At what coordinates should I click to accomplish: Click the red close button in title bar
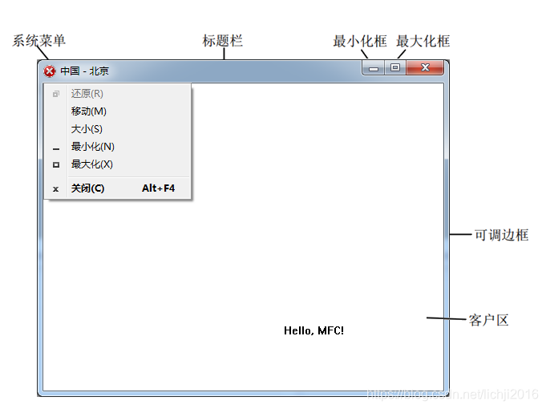[425, 68]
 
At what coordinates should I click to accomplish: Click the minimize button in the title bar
[374, 69]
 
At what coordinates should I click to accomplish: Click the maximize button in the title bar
[395, 68]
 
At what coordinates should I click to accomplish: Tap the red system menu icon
[50, 71]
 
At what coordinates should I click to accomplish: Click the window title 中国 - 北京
[84, 71]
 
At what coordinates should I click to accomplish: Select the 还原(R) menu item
[87, 94]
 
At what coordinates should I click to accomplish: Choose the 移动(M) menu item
[88, 111]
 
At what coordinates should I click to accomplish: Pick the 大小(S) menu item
[87, 129]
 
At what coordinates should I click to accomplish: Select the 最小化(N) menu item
[92, 147]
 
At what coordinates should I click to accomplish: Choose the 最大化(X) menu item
[91, 164]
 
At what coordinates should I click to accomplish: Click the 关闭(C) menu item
[87, 188]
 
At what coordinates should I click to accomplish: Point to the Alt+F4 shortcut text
[158, 188]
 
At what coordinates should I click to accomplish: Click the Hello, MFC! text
[313, 330]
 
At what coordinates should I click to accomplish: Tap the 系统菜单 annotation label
[38, 41]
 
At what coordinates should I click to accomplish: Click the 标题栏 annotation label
[222, 41]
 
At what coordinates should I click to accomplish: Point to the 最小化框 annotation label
[359, 41]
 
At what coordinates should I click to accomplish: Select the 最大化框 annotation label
[423, 41]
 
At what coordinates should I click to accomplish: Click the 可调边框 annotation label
[501, 235]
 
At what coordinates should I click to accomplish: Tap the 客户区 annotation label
[488, 321]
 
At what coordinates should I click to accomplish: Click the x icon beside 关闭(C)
[55, 189]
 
